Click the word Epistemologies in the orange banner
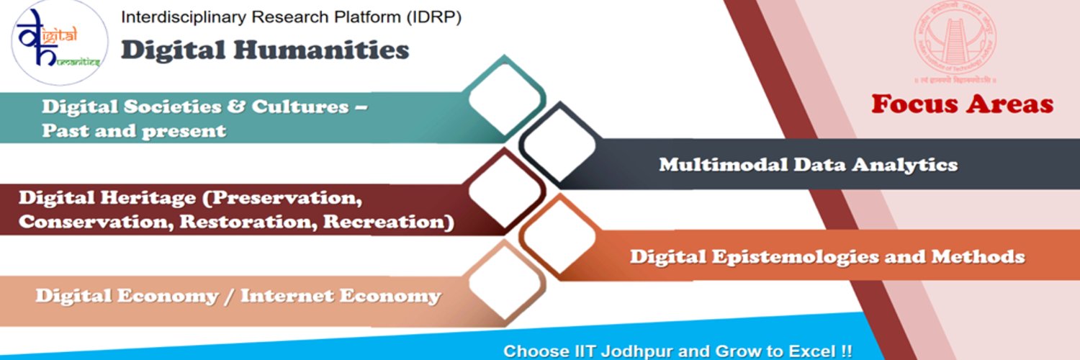pyautogui.click(x=793, y=256)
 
